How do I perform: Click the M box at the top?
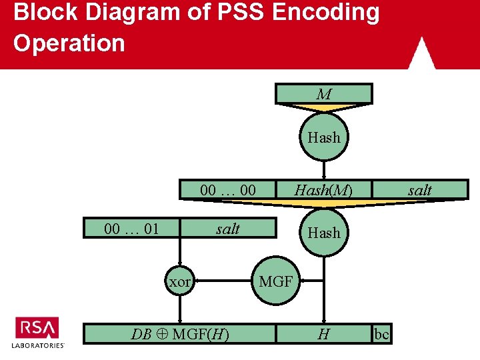click(x=324, y=94)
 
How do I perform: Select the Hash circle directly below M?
click(x=324, y=138)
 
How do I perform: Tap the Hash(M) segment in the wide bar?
click(x=324, y=190)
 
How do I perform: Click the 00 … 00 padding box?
click(x=228, y=190)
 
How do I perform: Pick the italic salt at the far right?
click(x=419, y=190)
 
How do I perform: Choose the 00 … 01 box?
click(x=131, y=229)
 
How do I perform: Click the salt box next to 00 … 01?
click(x=228, y=229)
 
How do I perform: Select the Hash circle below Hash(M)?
click(x=324, y=233)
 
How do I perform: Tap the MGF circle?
click(x=275, y=281)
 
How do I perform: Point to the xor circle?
click(x=179, y=282)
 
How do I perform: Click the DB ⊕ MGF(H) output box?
click(x=180, y=334)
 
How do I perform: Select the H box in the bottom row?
click(x=324, y=334)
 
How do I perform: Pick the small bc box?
click(x=381, y=334)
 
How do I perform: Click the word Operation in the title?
click(x=69, y=43)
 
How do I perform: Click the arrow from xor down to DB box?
click(x=179, y=310)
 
